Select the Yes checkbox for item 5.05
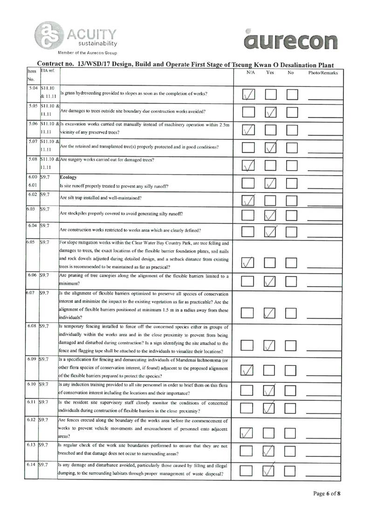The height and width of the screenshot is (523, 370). pos(271,112)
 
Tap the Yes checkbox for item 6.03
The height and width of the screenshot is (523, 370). pos(271,216)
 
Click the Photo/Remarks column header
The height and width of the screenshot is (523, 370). pos(323,73)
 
